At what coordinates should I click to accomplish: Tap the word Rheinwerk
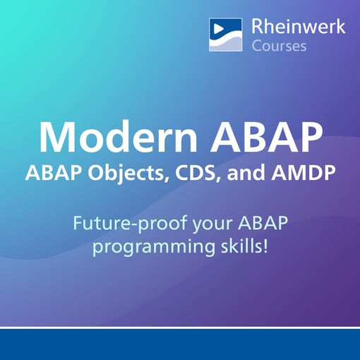pos(298,27)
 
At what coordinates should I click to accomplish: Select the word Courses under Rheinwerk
pos(279,47)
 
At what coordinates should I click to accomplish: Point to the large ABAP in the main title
pos(265,138)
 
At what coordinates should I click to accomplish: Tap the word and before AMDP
pos(250,173)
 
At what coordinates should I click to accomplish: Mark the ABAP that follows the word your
pos(263,225)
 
